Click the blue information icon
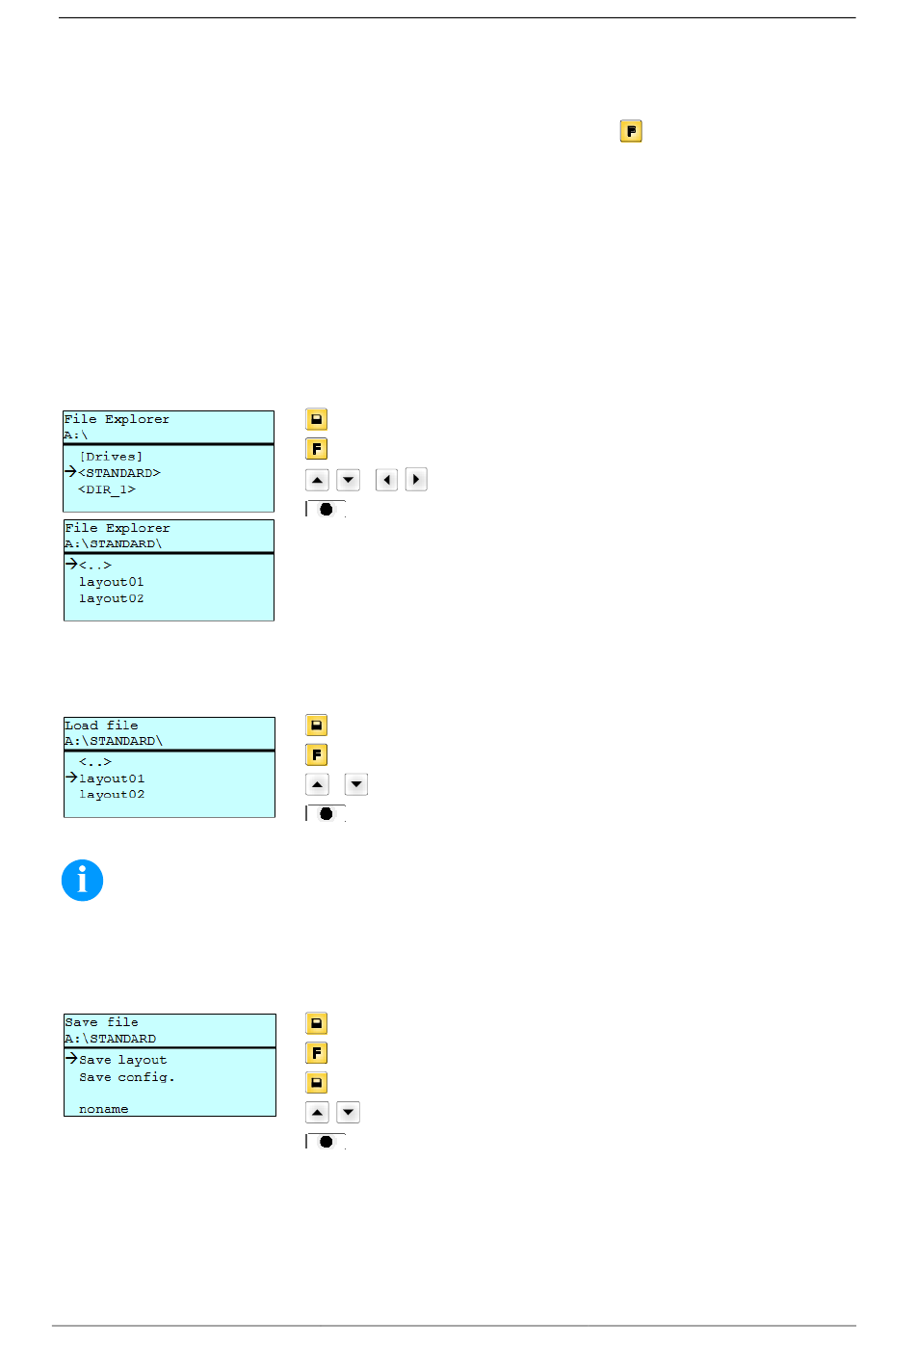82,881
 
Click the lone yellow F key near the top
631,131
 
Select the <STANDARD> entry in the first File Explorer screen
119,473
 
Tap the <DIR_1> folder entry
106,489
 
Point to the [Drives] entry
111,457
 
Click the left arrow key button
386,480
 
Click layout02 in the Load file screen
112,794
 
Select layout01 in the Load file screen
112,779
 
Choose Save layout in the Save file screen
123,1060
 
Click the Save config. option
127,1077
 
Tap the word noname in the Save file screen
103,1109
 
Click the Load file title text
101,726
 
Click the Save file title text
101,1022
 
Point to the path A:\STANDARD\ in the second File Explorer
113,543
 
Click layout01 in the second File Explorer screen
111,582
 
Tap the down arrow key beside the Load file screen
356,784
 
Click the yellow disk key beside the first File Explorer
317,419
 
